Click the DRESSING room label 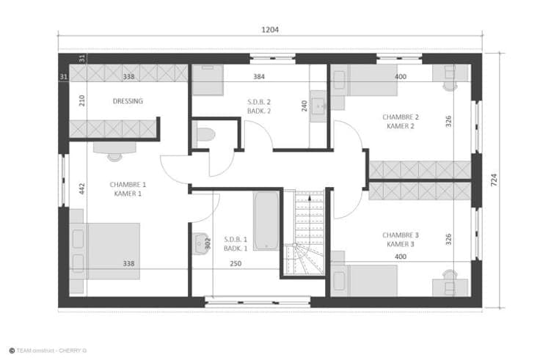[128, 101]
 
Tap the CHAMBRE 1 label [128, 185]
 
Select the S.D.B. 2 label [259, 102]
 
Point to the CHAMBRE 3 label [401, 235]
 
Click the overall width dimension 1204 [270, 29]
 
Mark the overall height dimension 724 [494, 180]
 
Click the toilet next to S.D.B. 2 [204, 135]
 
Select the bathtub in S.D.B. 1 [266, 221]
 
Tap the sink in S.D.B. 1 [200, 243]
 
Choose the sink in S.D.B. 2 [318, 106]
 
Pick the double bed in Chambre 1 [105, 251]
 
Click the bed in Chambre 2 [365, 80]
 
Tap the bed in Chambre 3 [365, 281]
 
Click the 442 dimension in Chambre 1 [82, 188]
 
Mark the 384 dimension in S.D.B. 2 [259, 77]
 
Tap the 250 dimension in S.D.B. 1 [236, 264]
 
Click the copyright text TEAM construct [35, 350]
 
